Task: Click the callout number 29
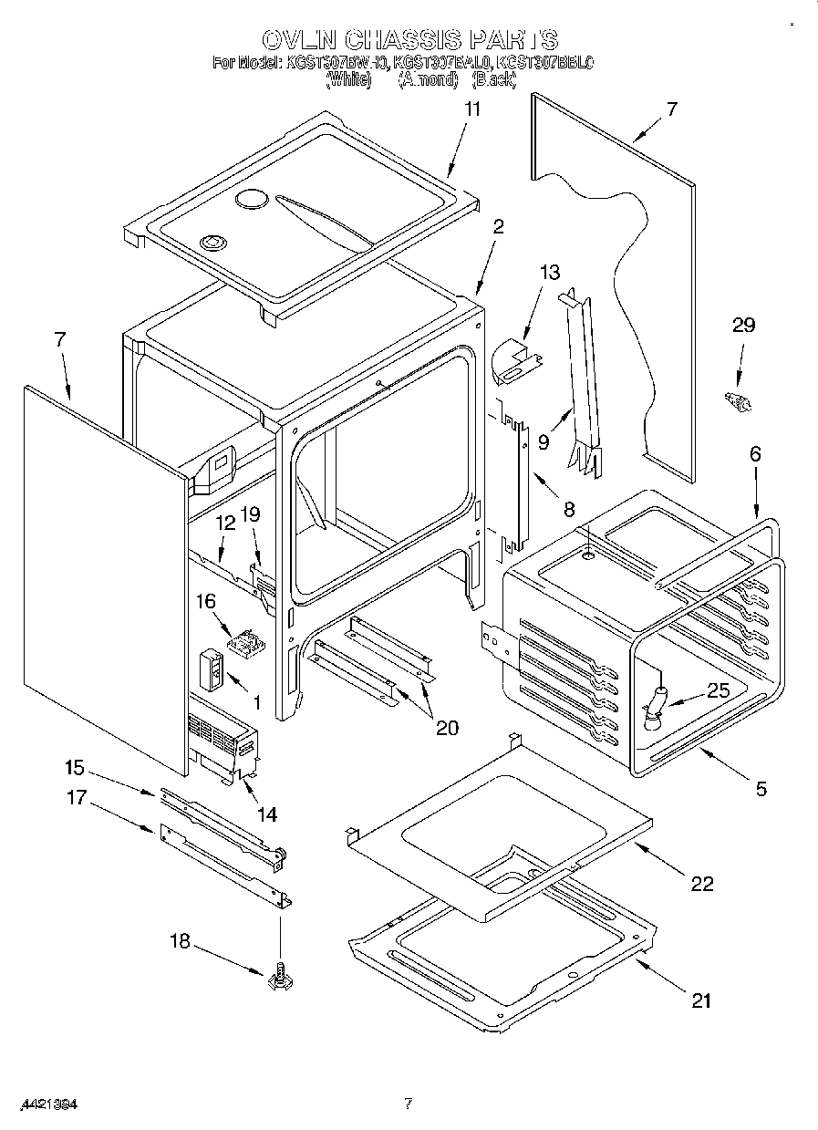pos(744,326)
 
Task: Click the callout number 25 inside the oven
pos(718,691)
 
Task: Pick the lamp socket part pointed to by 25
pos(655,708)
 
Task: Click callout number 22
pos(702,883)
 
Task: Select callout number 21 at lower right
pos(700,1000)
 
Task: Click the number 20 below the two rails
pos(447,728)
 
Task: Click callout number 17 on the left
pos(76,798)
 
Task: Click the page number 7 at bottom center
pos(409,1104)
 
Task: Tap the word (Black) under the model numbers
pos(494,79)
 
